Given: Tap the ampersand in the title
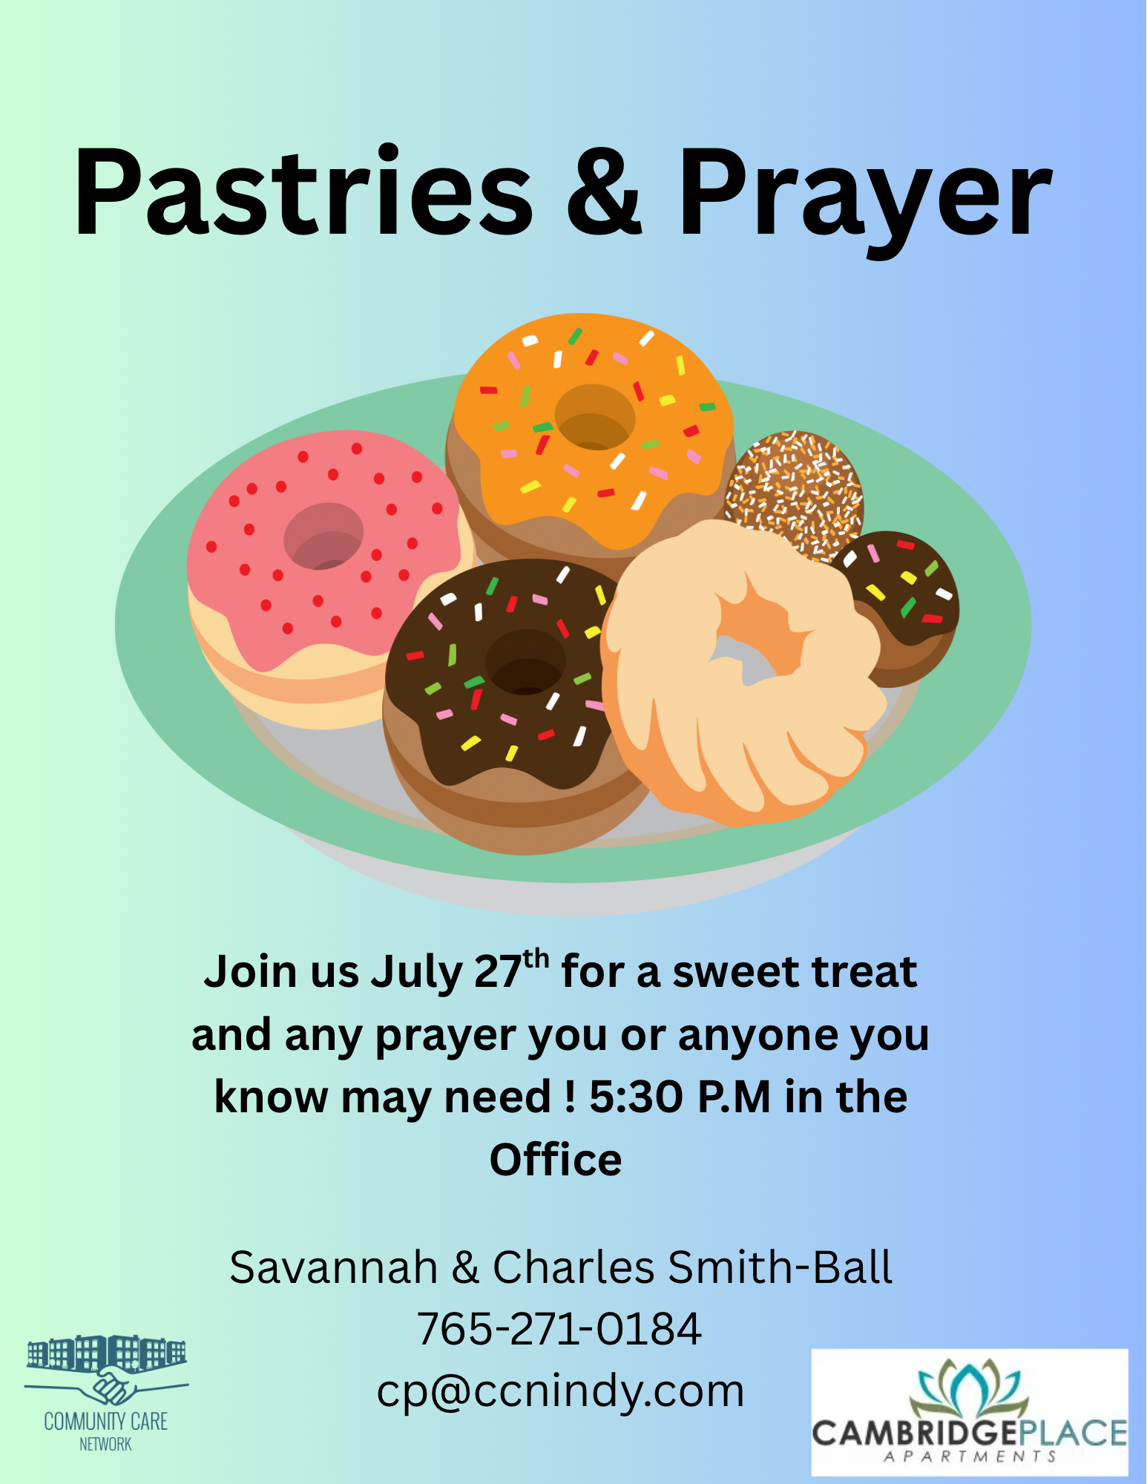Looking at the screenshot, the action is click(x=604, y=193).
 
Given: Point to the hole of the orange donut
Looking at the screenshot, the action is click(x=595, y=416).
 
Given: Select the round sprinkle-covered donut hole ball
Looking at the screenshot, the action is click(x=794, y=494).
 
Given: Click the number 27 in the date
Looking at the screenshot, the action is click(x=499, y=972).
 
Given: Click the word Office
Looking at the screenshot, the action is click(x=556, y=1160).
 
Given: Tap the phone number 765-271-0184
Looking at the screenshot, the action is click(x=559, y=1329).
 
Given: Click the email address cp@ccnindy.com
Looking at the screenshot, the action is click(x=561, y=1392).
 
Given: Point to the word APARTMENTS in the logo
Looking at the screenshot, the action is click(x=970, y=1457).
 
